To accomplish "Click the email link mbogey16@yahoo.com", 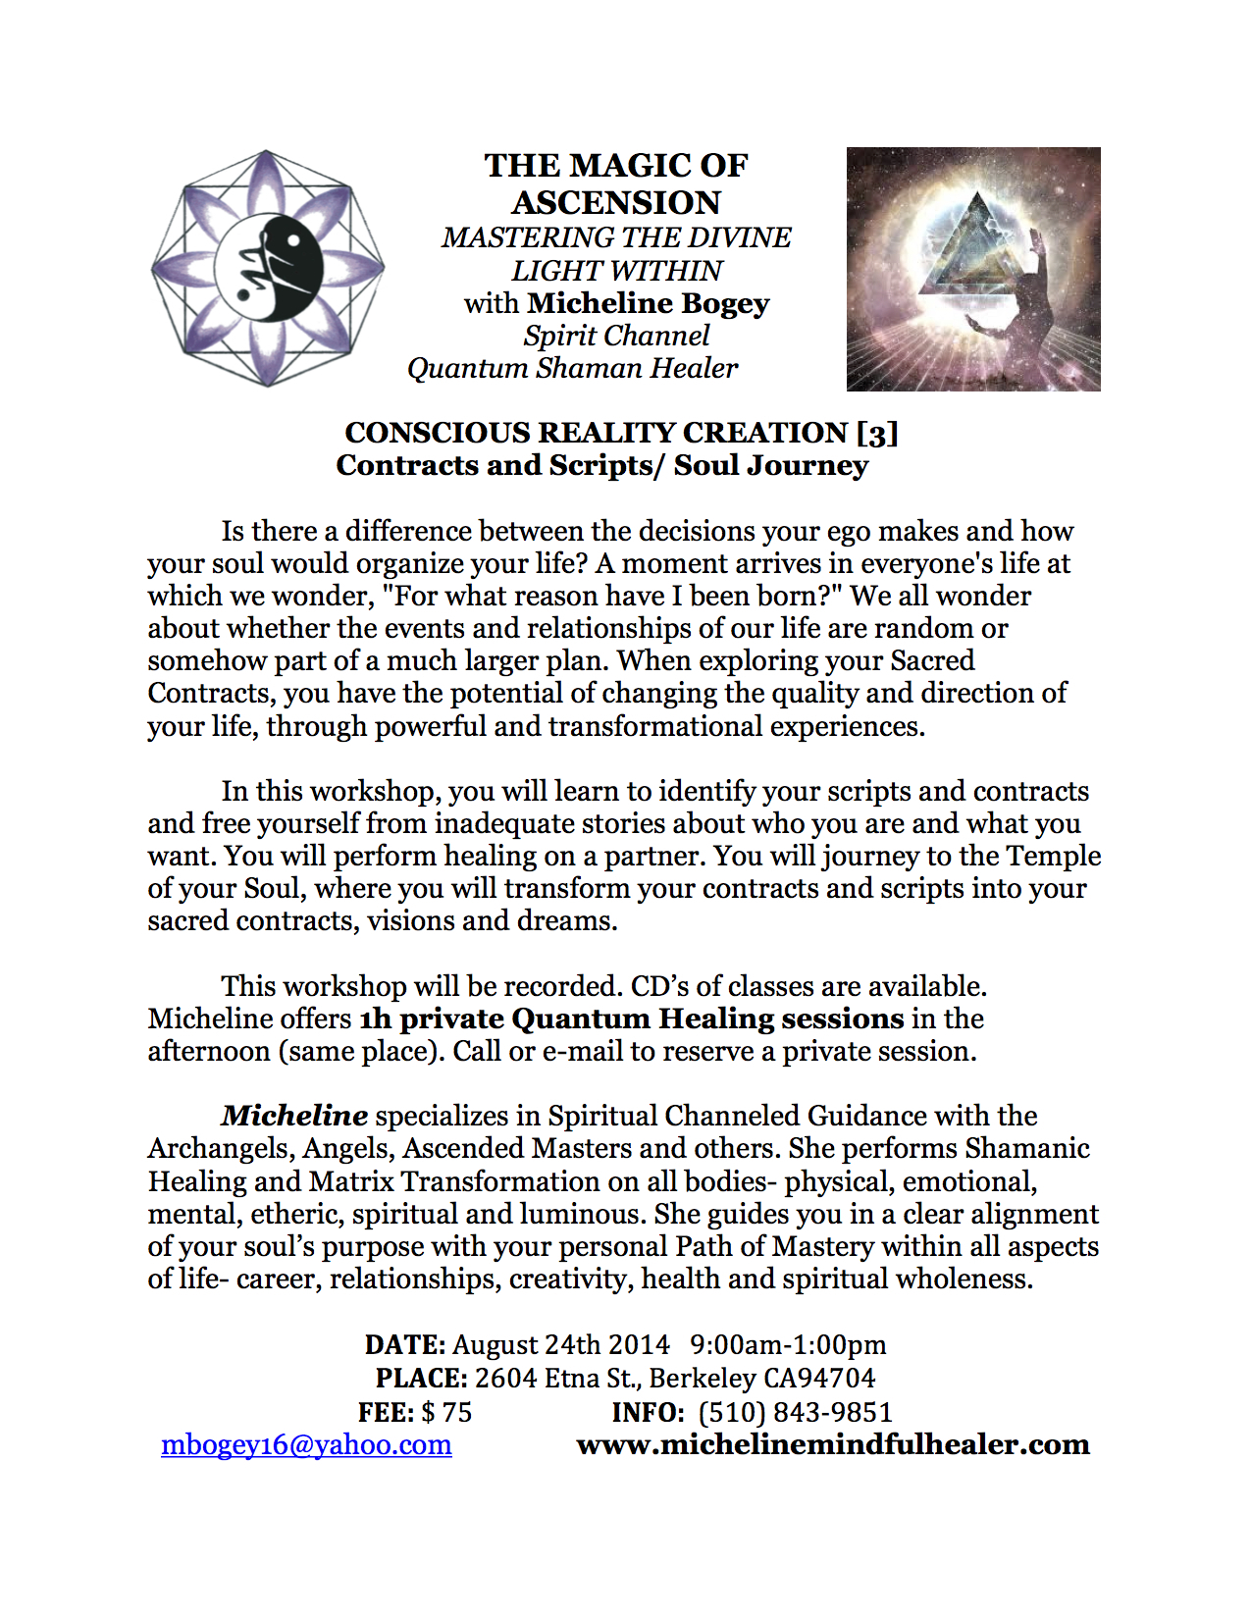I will (306, 1445).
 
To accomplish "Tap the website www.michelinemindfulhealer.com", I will (833, 1444).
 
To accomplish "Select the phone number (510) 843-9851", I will (795, 1412).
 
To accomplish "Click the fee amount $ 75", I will (446, 1412).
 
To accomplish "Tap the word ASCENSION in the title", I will (616, 202).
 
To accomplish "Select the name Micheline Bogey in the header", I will (648, 303).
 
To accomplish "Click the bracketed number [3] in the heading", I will (877, 433).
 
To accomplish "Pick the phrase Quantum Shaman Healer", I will (573, 368).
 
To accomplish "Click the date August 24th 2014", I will (561, 1344).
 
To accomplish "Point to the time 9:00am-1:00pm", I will (788, 1344).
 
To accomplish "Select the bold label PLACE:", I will (422, 1378).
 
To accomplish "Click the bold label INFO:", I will (649, 1412).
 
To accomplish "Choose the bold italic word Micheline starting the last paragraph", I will (294, 1116).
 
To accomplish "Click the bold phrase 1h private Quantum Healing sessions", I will (632, 1018).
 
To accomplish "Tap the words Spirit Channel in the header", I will (616, 336).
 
